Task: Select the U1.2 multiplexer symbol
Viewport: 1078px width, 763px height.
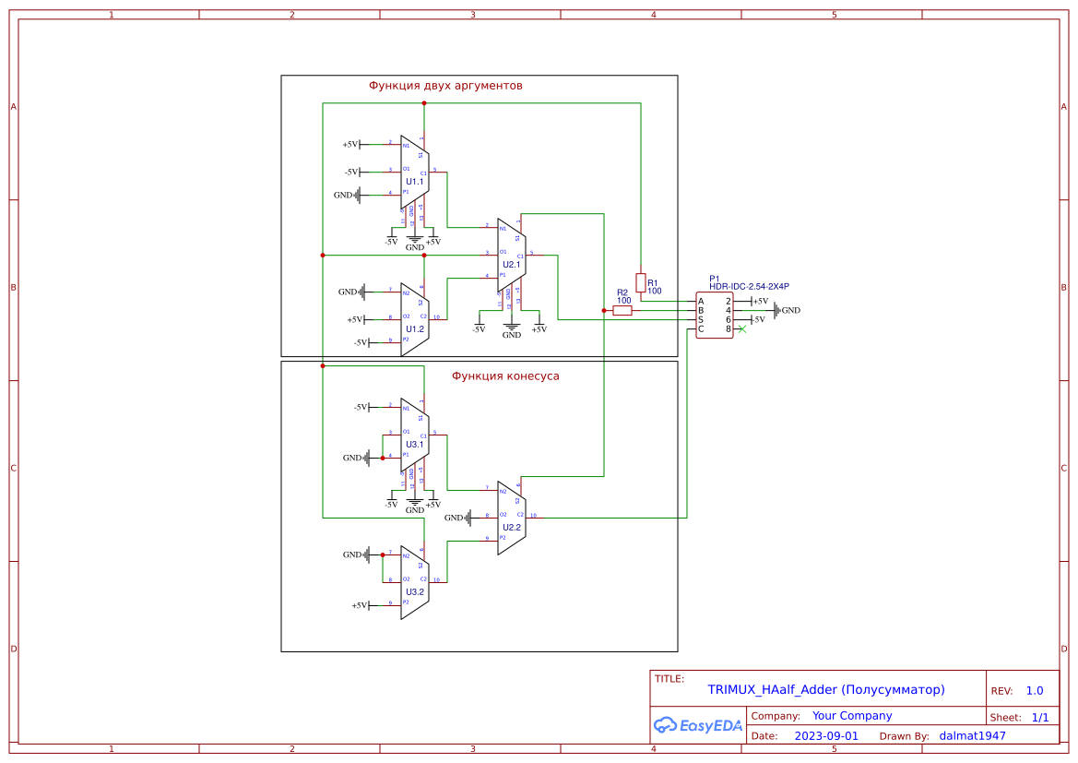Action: pyautogui.click(x=414, y=319)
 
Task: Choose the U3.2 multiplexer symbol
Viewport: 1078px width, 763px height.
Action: pyautogui.click(x=414, y=582)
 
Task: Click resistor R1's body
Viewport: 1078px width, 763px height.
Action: pyautogui.click(x=641, y=282)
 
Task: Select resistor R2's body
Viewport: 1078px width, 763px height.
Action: pyautogui.click(x=622, y=311)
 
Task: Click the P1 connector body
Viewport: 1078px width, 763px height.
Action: pyautogui.click(x=714, y=316)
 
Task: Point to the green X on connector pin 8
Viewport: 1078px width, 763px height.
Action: pyautogui.click(x=741, y=329)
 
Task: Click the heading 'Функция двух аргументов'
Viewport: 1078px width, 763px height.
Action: pyautogui.click(x=445, y=86)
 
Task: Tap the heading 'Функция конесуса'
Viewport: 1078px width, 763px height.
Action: pyautogui.click(x=505, y=376)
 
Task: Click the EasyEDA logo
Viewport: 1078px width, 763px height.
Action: pyautogui.click(x=697, y=725)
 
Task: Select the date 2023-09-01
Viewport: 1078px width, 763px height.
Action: pyautogui.click(x=825, y=736)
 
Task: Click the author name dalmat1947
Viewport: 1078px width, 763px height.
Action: pyautogui.click(x=972, y=736)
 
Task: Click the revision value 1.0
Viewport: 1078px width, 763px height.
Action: pyautogui.click(x=1034, y=691)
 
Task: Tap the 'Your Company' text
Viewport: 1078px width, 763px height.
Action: pyautogui.click(x=851, y=716)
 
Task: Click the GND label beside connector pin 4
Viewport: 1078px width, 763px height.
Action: pyautogui.click(x=790, y=311)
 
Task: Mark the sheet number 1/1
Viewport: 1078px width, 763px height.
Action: pyautogui.click(x=1039, y=717)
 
